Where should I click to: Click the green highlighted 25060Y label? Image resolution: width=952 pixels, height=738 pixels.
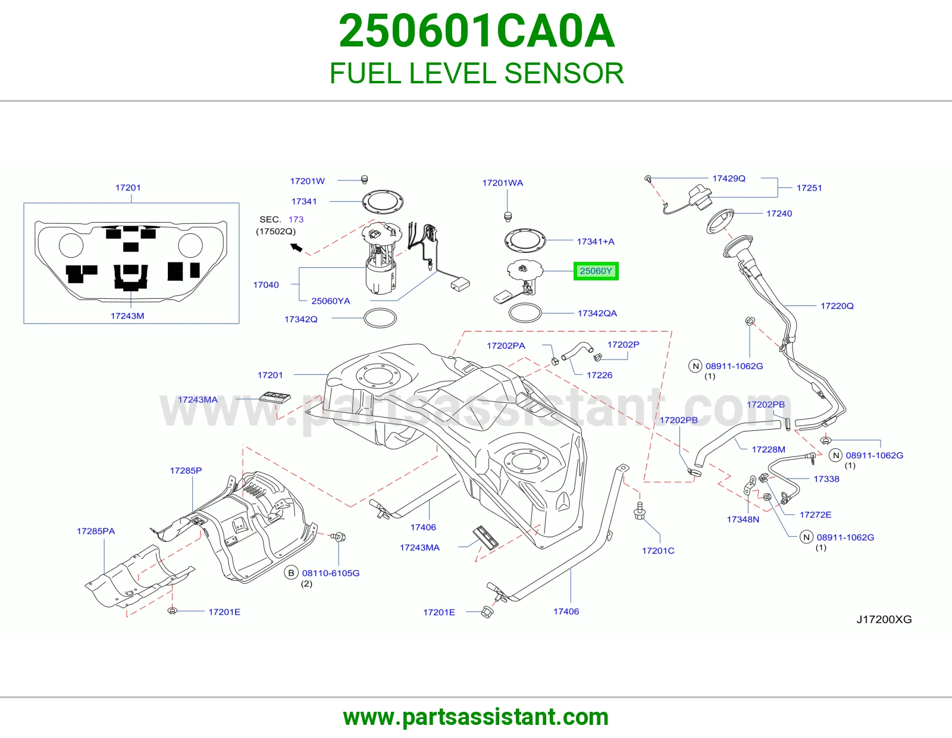[x=596, y=271]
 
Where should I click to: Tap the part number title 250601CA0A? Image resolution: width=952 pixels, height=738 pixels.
[x=477, y=31]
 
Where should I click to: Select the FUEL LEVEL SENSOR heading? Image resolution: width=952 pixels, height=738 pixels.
[x=477, y=73]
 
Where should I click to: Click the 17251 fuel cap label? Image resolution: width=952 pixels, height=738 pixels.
[x=809, y=188]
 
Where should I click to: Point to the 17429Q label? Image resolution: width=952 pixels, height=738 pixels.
[x=728, y=179]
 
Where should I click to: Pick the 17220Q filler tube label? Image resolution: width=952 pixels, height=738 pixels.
[x=837, y=306]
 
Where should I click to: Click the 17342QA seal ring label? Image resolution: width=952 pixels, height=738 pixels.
[x=597, y=313]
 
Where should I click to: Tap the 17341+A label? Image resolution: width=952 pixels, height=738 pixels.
[x=596, y=242]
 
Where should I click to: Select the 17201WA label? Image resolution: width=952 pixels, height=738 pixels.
[x=503, y=183]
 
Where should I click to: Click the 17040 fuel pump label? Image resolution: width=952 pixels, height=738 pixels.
[x=266, y=285]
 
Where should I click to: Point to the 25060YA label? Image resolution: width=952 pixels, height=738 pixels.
[x=331, y=301]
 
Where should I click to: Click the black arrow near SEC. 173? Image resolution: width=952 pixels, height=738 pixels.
[x=296, y=248]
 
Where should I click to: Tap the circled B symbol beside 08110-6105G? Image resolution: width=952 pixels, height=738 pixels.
[x=291, y=573]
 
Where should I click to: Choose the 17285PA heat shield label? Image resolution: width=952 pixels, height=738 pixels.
[x=96, y=531]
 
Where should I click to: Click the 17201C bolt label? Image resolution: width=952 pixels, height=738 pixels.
[x=658, y=551]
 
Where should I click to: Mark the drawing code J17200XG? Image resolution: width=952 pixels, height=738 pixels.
[x=884, y=619]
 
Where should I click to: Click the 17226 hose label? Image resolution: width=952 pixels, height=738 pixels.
[x=599, y=375]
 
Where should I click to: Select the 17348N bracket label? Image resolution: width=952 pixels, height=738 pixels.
[x=743, y=520]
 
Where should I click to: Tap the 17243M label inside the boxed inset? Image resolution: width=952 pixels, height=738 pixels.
[x=127, y=316]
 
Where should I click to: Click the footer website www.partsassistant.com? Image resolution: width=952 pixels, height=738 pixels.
[x=476, y=717]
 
